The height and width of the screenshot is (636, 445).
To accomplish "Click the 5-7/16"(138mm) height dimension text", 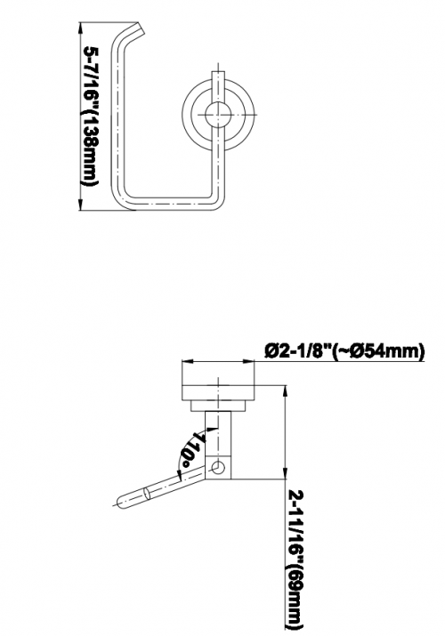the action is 91,116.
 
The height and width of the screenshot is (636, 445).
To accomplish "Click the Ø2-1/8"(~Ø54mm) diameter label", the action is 344,350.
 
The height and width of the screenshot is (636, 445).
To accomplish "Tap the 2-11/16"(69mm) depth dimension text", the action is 295,560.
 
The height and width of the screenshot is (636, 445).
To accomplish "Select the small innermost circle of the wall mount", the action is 218,115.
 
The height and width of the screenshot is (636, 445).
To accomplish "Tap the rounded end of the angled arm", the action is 122,503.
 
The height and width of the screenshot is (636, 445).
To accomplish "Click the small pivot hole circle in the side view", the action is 218,468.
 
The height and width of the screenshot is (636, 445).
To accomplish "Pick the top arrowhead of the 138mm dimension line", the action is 80,28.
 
